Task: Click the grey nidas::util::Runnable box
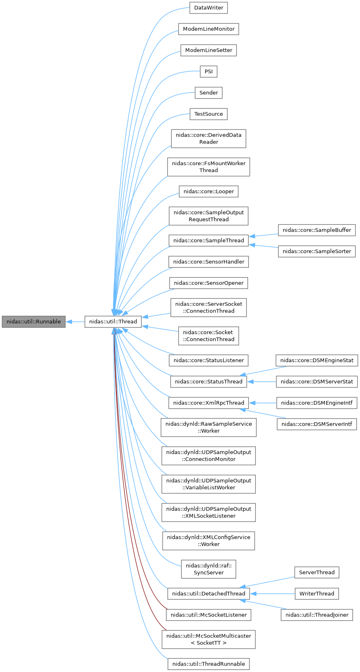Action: pyautogui.click(x=34, y=322)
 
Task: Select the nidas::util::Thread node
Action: pyautogui.click(x=113, y=322)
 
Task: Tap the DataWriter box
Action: pyautogui.click(x=208, y=8)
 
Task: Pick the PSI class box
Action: pyautogui.click(x=208, y=72)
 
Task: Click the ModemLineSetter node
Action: pyautogui.click(x=208, y=50)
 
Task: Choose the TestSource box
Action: pyautogui.click(x=208, y=114)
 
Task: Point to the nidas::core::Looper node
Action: pyautogui.click(x=208, y=191)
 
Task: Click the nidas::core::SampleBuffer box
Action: pyautogui.click(x=317, y=230)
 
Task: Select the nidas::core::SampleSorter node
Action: pyautogui.click(x=317, y=251)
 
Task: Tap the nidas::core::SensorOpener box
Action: pyautogui.click(x=208, y=283)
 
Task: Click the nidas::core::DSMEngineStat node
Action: pyautogui.click(x=317, y=361)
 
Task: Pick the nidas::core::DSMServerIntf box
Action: pyautogui.click(x=317, y=424)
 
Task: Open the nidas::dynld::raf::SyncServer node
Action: pyautogui.click(x=208, y=569)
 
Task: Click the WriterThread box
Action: pyautogui.click(x=317, y=594)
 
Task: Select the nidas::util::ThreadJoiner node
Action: pyautogui.click(x=317, y=615)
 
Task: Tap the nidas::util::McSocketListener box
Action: pyautogui.click(x=208, y=615)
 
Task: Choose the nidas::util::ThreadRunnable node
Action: pyautogui.click(x=208, y=664)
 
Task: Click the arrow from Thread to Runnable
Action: pyautogui.click(x=75, y=322)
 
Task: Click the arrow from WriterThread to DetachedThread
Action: pyautogui.click(x=272, y=594)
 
